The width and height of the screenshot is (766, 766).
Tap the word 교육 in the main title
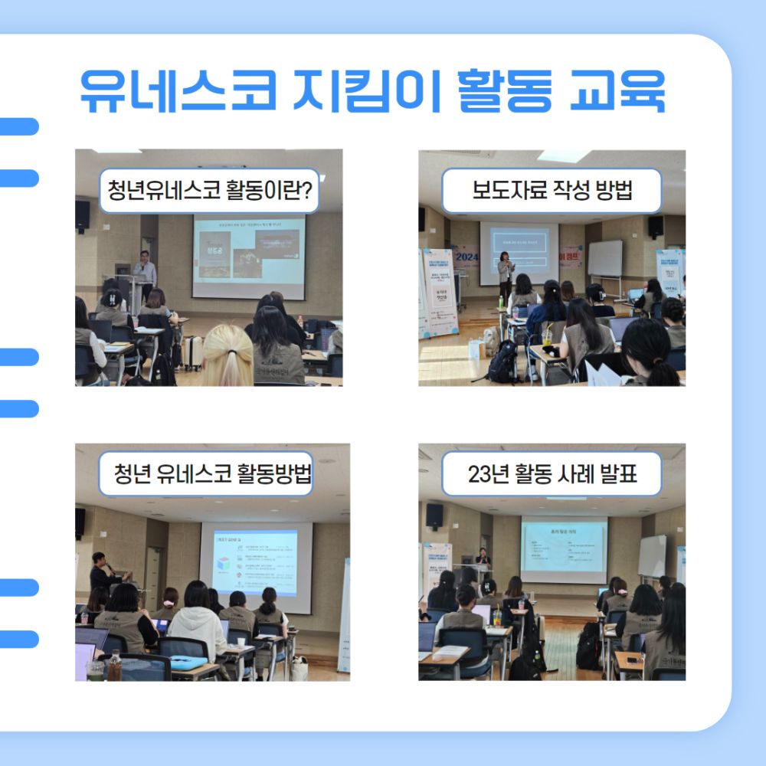click(616, 93)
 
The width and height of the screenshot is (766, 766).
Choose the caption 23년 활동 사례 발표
click(552, 474)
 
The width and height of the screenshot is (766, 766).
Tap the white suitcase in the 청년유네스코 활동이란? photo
click(191, 352)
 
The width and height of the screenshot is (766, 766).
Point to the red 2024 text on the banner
click(466, 258)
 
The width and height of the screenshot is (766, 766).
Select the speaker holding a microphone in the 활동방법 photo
click(101, 571)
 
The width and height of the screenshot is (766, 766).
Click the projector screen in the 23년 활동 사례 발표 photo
click(563, 548)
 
